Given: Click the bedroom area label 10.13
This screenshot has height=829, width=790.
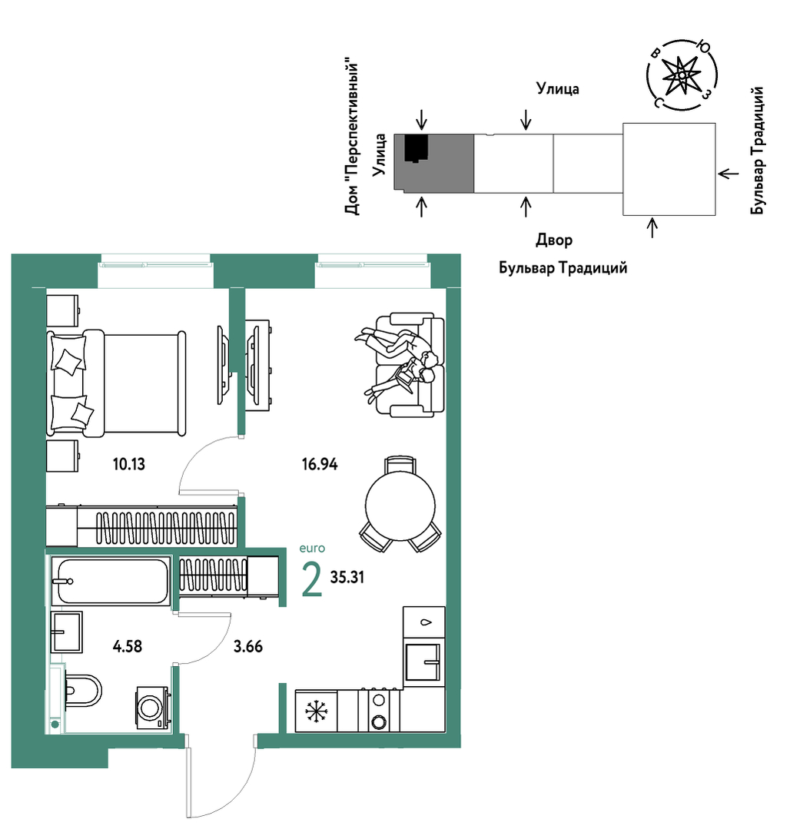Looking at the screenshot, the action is click(128, 464).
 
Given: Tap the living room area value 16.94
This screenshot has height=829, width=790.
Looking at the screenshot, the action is click(320, 464).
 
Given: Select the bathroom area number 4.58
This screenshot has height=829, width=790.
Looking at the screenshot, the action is click(128, 646).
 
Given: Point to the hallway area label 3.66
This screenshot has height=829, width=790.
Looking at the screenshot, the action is click(248, 646).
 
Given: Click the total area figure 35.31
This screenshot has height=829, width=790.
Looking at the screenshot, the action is click(347, 577).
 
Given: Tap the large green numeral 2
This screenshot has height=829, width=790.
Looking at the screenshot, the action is click(311, 579).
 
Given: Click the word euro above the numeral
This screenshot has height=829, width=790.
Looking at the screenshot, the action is click(312, 549).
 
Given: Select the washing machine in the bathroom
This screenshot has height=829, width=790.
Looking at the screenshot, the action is click(153, 708).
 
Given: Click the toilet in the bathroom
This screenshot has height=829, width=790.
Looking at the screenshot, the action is click(82, 691).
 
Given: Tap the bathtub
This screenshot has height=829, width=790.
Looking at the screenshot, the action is click(111, 581).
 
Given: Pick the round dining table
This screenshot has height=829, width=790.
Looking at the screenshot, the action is click(400, 506).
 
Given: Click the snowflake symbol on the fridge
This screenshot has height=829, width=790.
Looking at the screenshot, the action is click(317, 711).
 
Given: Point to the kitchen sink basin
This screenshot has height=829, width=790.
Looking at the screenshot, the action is click(423, 662).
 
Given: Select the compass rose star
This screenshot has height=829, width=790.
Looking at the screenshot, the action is click(682, 76).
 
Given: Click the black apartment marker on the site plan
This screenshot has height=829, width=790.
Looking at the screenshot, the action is click(417, 148).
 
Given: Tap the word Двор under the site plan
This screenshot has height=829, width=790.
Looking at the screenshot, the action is click(554, 240).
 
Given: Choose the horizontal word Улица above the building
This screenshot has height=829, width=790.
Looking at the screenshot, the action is click(557, 89).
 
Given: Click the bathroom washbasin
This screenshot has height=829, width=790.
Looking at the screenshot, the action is click(67, 632).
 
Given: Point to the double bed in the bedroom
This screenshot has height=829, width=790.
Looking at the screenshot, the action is click(116, 384).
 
